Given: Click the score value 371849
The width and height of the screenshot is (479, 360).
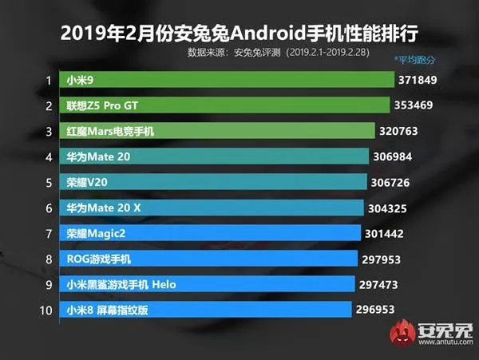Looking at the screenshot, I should tap(422, 81).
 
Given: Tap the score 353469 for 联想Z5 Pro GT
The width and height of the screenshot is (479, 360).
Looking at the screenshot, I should tap(417, 105).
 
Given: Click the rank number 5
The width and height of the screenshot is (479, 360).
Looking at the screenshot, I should tap(49, 182).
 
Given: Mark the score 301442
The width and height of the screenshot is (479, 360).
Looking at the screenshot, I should tap(387, 233).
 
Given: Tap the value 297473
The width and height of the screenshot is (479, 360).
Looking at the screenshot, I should tap(381, 284).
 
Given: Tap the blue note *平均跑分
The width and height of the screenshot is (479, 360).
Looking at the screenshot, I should tap(416, 60).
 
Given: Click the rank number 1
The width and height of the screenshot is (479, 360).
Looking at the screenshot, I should tap(49, 81).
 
